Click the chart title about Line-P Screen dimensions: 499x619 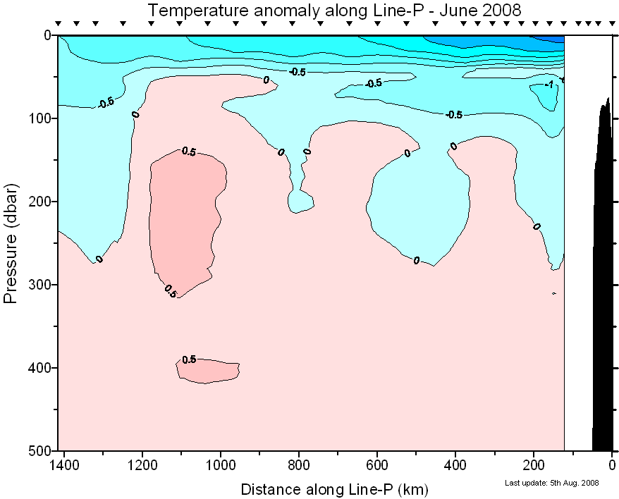(x=334, y=10)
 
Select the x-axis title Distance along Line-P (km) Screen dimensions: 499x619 (x=334, y=488)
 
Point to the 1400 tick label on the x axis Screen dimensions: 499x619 (x=64, y=465)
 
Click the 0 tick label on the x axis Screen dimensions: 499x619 (x=612, y=465)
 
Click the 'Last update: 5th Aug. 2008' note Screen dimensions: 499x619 (x=552, y=483)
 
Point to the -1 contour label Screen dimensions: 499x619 (x=549, y=85)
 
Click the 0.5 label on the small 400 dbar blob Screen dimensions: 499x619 (x=189, y=359)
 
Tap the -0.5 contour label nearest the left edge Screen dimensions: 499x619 (x=106, y=103)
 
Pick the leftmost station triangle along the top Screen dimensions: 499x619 (x=59, y=24)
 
